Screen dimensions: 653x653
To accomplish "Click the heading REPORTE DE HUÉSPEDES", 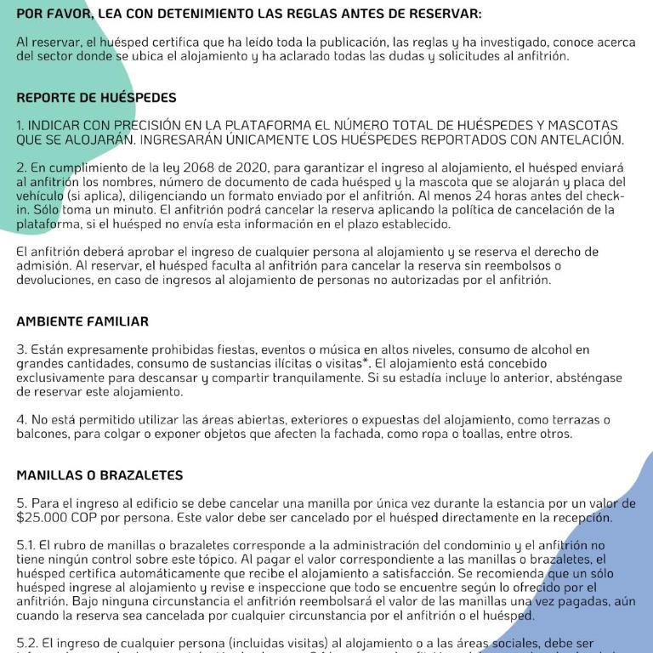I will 96,98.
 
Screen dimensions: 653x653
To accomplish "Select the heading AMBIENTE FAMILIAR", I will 82,321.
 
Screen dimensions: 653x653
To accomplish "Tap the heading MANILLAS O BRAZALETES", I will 99,474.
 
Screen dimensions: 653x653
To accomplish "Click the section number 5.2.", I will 27,643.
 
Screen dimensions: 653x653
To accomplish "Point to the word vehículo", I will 39,196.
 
